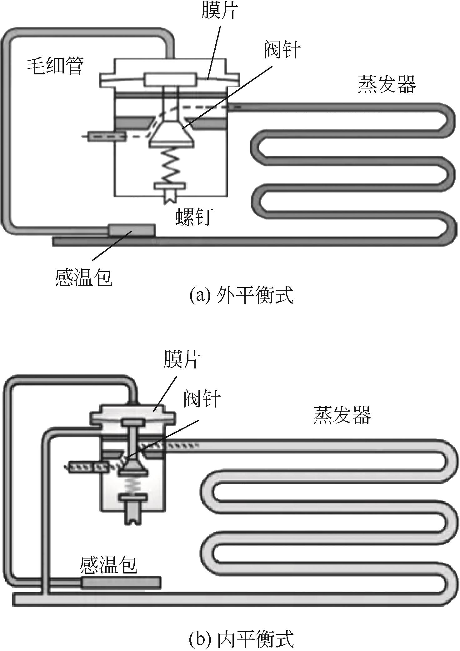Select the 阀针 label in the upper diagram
(282, 49)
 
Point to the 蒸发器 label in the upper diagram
(387, 84)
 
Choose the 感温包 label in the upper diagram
(83, 277)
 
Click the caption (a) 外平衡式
(242, 295)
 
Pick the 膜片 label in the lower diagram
(182, 360)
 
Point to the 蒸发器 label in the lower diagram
(342, 415)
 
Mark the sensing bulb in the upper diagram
(131, 231)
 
